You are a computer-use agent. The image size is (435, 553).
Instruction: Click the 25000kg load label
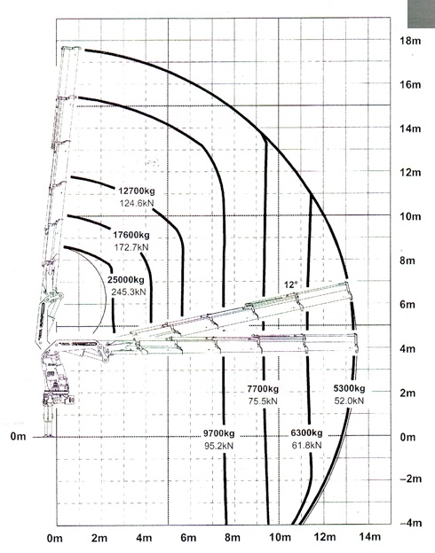tap(126, 280)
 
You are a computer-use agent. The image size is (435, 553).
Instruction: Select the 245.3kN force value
tap(128, 292)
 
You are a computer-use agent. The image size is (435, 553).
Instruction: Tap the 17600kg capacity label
tap(131, 235)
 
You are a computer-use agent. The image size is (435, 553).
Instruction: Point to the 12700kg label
tap(137, 191)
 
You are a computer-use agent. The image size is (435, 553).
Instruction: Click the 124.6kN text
tap(137, 203)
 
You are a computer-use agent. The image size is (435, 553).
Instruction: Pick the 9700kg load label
tap(218, 433)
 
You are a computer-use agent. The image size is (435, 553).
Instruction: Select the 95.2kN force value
tap(218, 446)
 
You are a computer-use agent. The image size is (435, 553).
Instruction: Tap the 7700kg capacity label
tap(263, 389)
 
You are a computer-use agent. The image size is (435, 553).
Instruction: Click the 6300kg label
tap(307, 432)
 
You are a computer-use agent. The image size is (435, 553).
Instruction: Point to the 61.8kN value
tap(307, 445)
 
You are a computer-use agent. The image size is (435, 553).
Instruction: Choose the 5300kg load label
tap(349, 388)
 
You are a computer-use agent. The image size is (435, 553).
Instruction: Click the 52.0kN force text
tap(349, 401)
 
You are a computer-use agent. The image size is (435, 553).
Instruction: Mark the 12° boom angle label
tap(291, 285)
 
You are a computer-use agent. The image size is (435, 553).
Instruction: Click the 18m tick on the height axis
tap(411, 41)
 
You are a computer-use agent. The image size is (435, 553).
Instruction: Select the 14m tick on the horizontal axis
tap(370, 537)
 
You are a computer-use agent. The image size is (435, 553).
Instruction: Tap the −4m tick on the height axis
tap(411, 523)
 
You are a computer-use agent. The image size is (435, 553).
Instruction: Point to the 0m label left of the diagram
tap(19, 437)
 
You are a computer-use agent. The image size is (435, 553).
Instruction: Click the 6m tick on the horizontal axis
tap(188, 537)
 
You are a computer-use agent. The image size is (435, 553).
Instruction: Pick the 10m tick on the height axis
tap(411, 216)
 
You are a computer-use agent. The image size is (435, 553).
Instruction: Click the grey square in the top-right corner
tap(421, 14)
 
